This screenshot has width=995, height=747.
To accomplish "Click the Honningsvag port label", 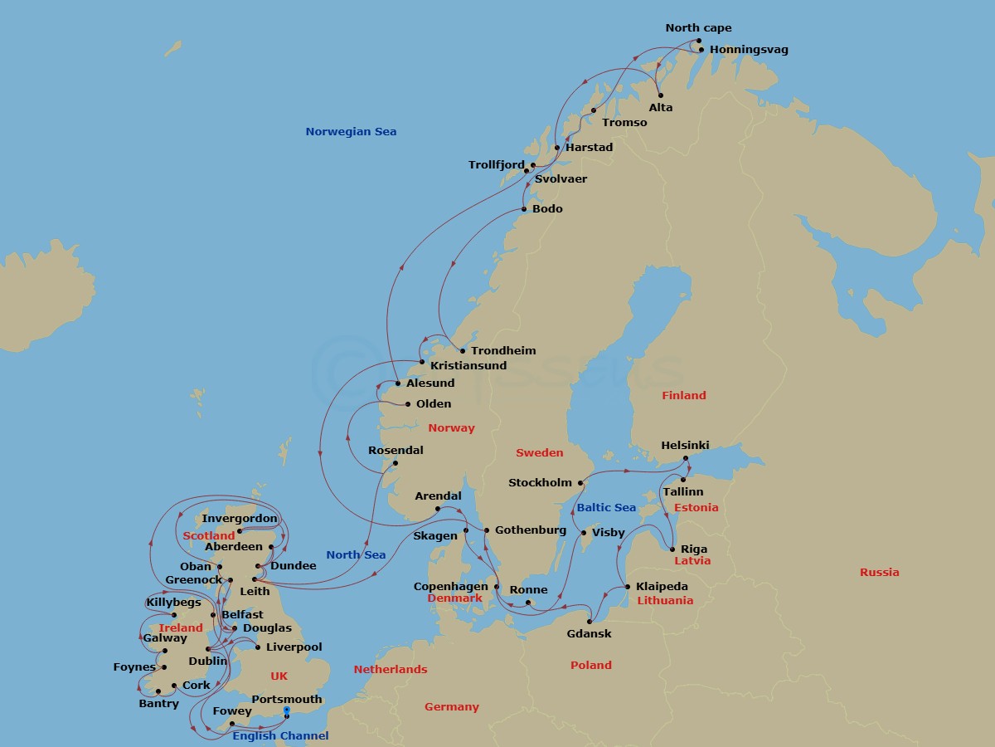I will click(x=749, y=50).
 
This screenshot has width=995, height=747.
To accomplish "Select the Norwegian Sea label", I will click(x=351, y=131).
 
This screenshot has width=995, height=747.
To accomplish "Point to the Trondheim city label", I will click(x=503, y=351).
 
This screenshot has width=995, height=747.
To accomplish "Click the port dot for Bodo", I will click(x=523, y=209).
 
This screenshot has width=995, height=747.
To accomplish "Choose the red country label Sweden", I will click(x=539, y=452).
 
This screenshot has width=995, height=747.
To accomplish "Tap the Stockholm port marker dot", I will click(x=580, y=483).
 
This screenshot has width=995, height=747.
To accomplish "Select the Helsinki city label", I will click(x=685, y=446).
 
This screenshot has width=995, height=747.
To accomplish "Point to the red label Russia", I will click(x=879, y=572).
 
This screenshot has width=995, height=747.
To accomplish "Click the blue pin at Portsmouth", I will click(x=287, y=711).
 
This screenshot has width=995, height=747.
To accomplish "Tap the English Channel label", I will click(x=280, y=735).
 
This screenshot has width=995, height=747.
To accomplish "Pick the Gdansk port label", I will click(x=589, y=634).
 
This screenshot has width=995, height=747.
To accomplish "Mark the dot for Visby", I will click(x=584, y=533).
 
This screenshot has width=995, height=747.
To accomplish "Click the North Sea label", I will click(x=356, y=554).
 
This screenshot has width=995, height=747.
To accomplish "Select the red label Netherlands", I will click(x=391, y=669).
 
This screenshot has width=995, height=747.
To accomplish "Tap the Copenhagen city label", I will click(x=451, y=587).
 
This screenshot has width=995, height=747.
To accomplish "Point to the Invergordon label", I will click(x=240, y=519).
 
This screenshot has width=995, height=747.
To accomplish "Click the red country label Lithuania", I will click(x=665, y=600).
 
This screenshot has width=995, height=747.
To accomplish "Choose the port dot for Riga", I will click(x=672, y=549).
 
